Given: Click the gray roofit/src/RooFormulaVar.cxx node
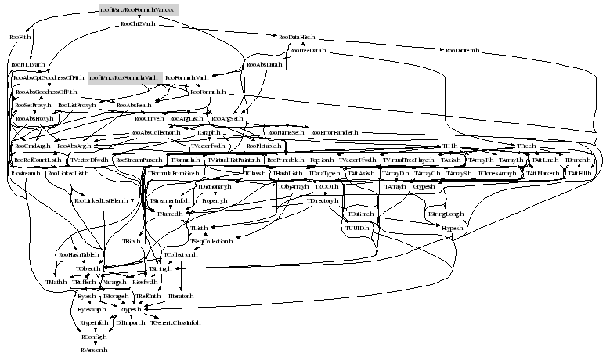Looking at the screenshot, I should click(139, 10).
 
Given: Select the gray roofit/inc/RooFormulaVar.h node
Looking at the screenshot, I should click(124, 78).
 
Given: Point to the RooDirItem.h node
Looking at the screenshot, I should click(462, 52).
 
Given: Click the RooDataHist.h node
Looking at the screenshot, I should click(297, 37).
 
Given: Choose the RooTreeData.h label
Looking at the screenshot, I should click(307, 52).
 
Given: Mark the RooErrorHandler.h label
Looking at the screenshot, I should click(334, 132).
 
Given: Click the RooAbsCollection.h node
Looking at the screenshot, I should click(157, 132).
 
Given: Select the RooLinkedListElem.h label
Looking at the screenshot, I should click(100, 201).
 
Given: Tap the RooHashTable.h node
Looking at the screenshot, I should click(78, 254).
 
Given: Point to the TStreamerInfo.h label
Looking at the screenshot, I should click(170, 201).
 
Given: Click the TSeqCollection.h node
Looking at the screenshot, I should click(212, 241).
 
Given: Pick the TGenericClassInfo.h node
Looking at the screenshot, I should click(175, 322).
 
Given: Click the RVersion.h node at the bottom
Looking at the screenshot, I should click(94, 350).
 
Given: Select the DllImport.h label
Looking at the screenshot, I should click(131, 322).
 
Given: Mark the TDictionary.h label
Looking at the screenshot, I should click(214, 188).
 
